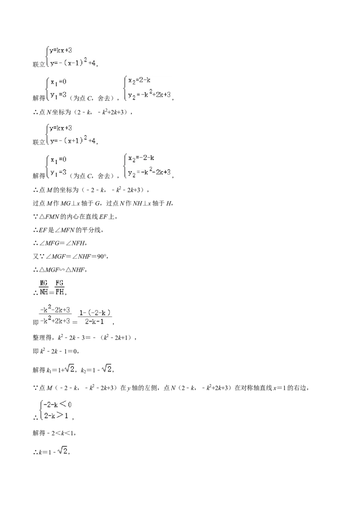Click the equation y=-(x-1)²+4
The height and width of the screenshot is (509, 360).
(x=73, y=62)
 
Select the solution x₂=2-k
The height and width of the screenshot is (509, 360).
(x=139, y=80)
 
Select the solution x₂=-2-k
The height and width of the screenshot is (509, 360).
(x=141, y=158)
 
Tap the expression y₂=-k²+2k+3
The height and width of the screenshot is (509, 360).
(x=149, y=94)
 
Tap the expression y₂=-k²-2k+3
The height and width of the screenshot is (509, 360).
(x=149, y=172)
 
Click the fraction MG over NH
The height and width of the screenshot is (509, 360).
(x=44, y=287)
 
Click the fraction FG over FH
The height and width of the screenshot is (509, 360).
(x=59, y=287)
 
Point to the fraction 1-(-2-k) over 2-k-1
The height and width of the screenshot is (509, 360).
(x=95, y=317)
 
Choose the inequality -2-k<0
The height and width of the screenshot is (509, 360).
(x=57, y=405)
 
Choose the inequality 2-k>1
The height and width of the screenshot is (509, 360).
(x=56, y=415)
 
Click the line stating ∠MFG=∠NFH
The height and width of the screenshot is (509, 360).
(x=59, y=243)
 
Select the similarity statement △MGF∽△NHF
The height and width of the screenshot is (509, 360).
(x=59, y=270)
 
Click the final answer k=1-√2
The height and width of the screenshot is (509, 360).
(x=53, y=451)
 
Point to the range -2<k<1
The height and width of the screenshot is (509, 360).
(x=63, y=433)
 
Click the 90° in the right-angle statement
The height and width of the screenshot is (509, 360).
(x=101, y=256)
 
